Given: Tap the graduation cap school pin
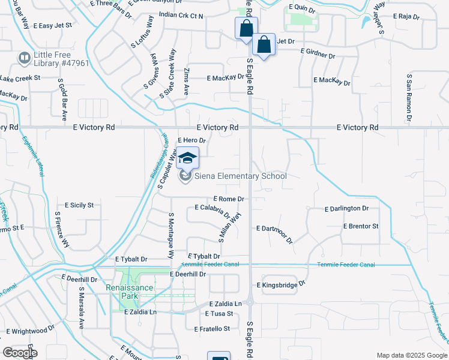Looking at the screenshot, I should [188, 158].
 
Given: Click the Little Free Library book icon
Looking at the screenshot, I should [25, 58].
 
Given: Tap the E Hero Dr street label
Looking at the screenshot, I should [192, 140].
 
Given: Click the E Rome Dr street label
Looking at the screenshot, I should [229, 199].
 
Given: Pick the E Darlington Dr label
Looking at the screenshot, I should [346, 209].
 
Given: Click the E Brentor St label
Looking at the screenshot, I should [361, 226].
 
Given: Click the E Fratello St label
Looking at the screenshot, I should [212, 329].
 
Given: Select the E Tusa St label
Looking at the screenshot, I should [218, 314].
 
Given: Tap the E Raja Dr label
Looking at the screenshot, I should [405, 16].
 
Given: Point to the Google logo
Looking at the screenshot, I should [19, 353].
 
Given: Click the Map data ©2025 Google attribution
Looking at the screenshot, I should [411, 355].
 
